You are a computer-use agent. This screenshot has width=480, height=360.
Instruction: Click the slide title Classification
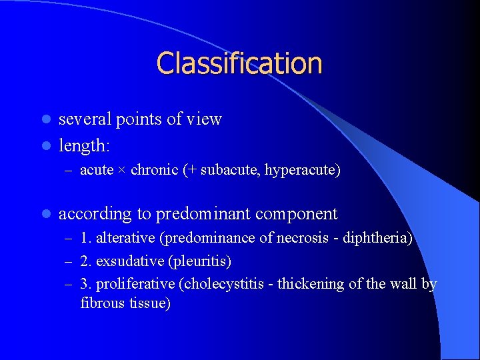[x=239, y=63]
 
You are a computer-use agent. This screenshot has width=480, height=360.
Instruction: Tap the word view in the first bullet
[x=204, y=119]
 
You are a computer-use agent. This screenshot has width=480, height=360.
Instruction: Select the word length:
[x=85, y=145]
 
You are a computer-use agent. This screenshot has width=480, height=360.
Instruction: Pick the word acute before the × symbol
[x=96, y=171]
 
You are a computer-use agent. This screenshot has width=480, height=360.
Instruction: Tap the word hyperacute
[x=300, y=171]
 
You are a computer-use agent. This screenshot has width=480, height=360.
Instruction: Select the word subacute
[x=228, y=171]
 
